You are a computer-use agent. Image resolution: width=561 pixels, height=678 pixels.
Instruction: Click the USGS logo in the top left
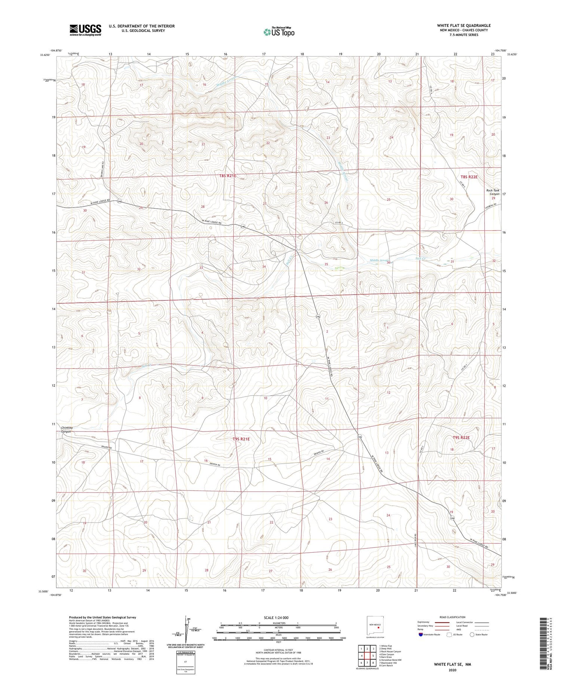click(x=85, y=30)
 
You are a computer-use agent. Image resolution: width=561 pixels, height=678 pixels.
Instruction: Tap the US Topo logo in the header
click(x=279, y=32)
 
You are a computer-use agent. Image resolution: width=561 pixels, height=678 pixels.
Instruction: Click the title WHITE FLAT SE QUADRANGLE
click(x=464, y=25)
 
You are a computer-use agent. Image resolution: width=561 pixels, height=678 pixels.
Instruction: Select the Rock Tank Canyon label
click(x=493, y=192)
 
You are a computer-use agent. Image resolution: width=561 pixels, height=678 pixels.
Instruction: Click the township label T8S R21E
click(x=227, y=175)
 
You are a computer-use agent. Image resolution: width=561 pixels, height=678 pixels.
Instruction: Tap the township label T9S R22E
click(x=461, y=438)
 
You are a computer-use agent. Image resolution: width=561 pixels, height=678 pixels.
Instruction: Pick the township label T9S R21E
click(x=241, y=439)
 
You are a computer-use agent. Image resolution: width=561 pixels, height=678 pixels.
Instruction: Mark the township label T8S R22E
click(x=469, y=177)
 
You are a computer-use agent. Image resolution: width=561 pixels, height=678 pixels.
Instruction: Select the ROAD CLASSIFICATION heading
click(x=453, y=617)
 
